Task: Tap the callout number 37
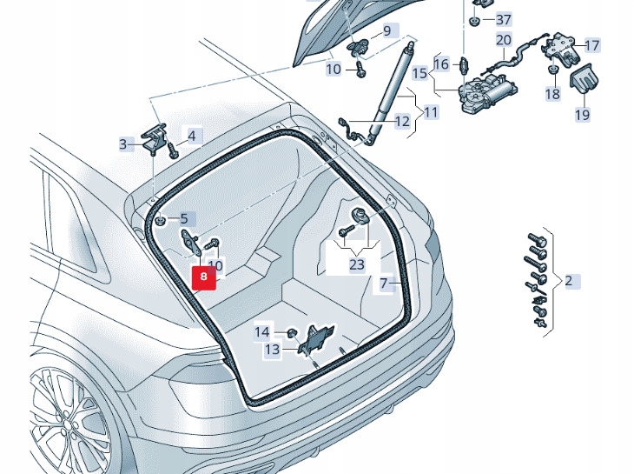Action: tap(504, 19)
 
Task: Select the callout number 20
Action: tap(504, 39)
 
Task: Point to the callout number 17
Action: tap(591, 45)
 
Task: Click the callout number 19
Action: tap(582, 114)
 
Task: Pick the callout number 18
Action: tap(552, 93)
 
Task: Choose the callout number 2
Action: tap(568, 281)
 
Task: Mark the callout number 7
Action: tap(384, 284)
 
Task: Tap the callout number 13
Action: tap(273, 349)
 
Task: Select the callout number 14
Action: tap(261, 331)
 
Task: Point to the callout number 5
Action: tap(183, 219)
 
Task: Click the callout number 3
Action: tap(123, 144)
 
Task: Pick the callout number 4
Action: tap(192, 136)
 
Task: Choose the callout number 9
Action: tap(386, 32)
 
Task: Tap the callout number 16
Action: tap(441, 64)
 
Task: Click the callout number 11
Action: tap(432, 111)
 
